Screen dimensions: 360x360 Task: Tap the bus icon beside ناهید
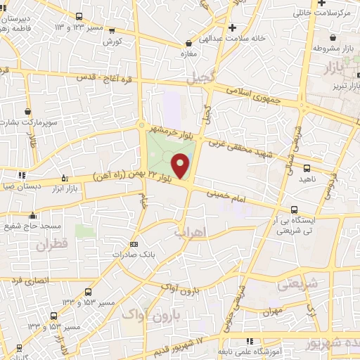click(x=307, y=167)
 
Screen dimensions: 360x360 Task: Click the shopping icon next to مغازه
click(x=188, y=42)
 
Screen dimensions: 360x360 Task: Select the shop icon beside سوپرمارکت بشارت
click(x=27, y=111)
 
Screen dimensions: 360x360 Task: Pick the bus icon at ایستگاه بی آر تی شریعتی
click(x=295, y=209)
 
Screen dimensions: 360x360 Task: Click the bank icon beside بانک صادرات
click(x=134, y=244)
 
